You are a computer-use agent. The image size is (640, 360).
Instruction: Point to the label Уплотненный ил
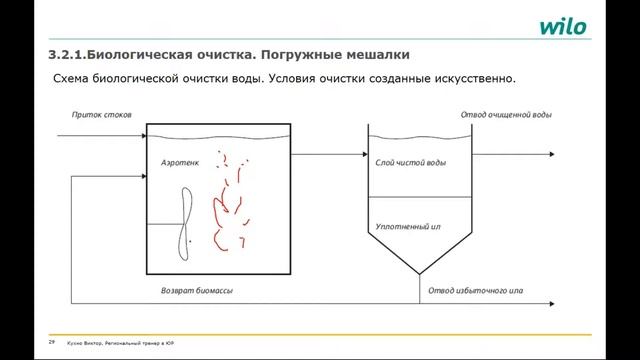coord(408,227)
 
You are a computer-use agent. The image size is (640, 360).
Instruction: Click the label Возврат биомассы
coord(197,291)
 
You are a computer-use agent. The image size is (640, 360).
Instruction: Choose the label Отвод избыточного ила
coord(477,291)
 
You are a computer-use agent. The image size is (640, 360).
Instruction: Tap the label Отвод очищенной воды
coord(506,115)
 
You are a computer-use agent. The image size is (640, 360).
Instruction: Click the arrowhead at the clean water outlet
coord(552,154)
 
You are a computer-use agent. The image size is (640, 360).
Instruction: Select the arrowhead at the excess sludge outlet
coord(552,303)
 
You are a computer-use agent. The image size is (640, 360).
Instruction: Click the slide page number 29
coord(51,342)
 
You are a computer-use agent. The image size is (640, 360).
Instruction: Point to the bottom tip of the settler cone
coord(419,275)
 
